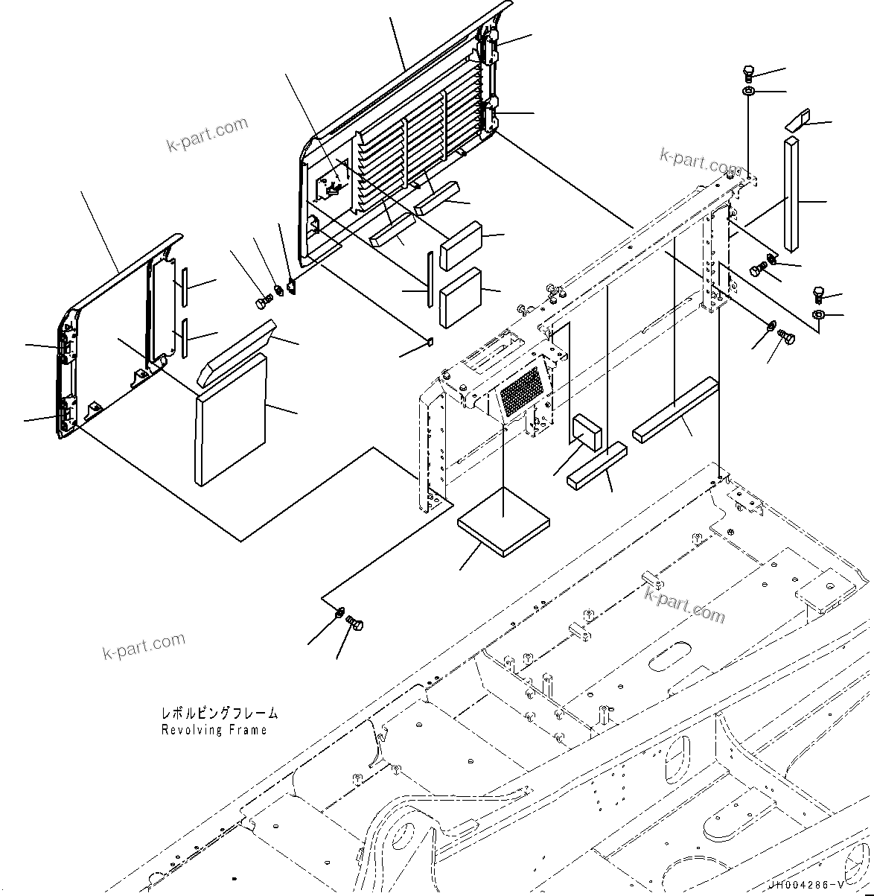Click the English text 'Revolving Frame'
tap(214, 731)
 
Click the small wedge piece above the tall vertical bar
tap(798, 120)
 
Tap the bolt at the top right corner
tap(749, 73)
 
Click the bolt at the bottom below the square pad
tap(357, 624)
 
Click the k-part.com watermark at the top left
tap(206, 134)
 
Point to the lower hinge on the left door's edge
tap(65, 413)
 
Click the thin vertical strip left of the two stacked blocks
tap(429, 279)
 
